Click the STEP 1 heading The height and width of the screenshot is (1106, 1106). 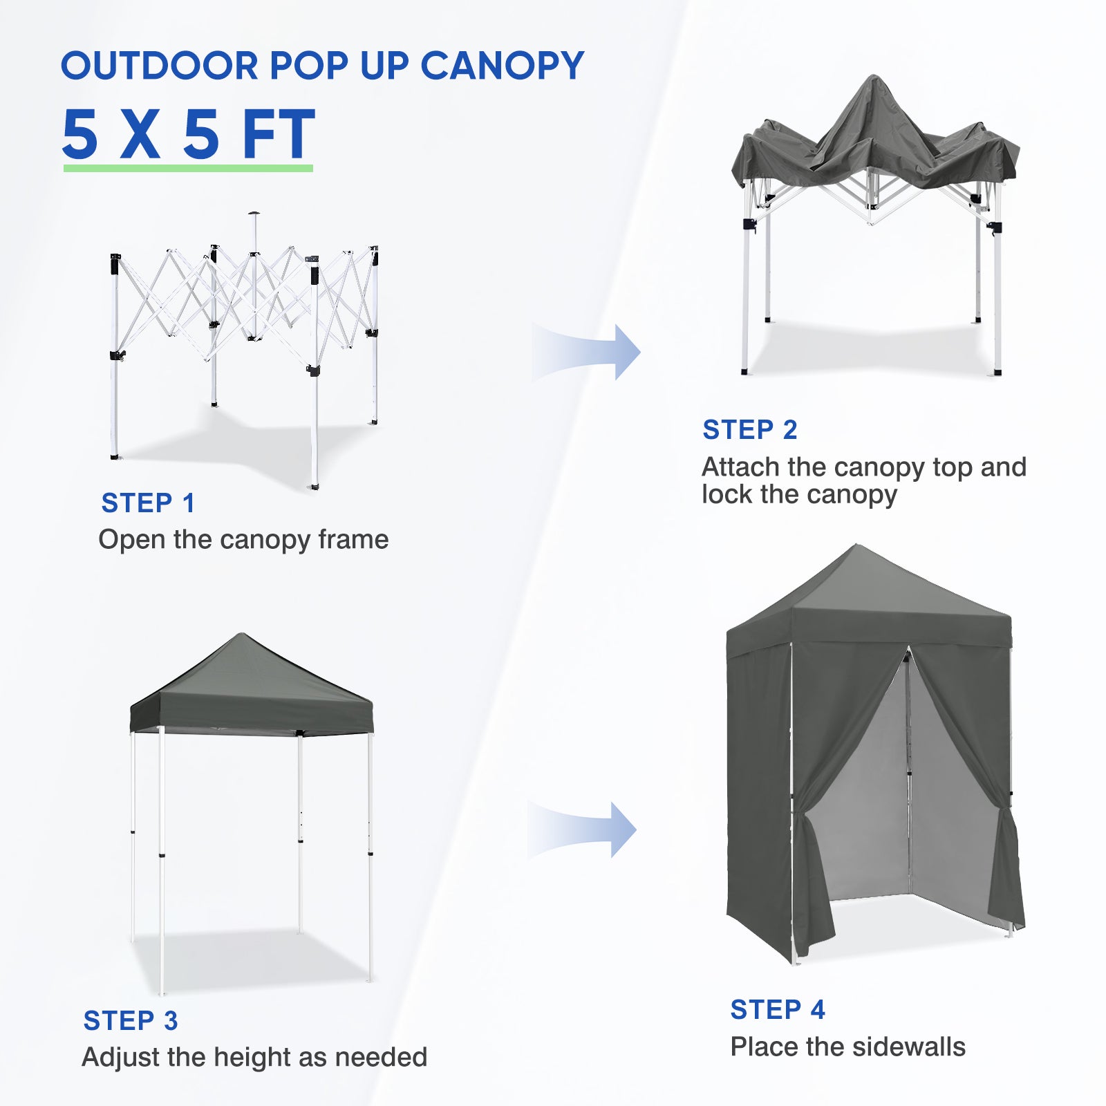(x=148, y=503)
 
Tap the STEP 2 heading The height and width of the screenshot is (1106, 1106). (x=750, y=429)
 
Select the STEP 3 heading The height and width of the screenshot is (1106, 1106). (x=131, y=1020)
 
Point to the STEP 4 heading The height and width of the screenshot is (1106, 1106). (x=778, y=1009)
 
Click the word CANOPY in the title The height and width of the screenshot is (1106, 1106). (x=503, y=66)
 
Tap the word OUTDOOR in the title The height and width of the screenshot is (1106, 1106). (x=160, y=66)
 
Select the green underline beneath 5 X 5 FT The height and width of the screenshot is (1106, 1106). (x=188, y=168)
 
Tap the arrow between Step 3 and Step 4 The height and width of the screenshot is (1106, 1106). (x=582, y=829)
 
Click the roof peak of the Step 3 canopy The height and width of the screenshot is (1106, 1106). (x=241, y=635)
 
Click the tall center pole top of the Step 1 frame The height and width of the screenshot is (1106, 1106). (x=254, y=214)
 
